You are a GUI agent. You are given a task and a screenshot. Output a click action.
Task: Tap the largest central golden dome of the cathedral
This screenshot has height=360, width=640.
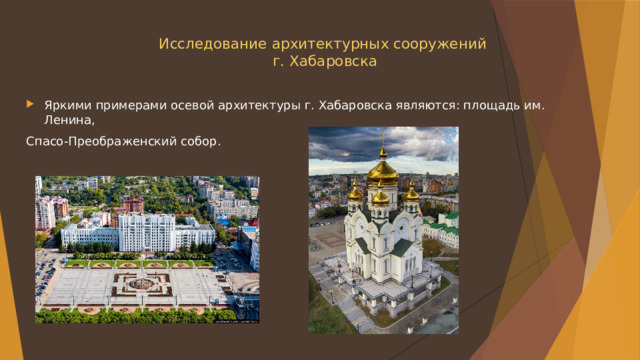click(382, 171)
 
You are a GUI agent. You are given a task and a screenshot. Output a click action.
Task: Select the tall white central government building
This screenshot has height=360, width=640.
click(146, 232)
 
